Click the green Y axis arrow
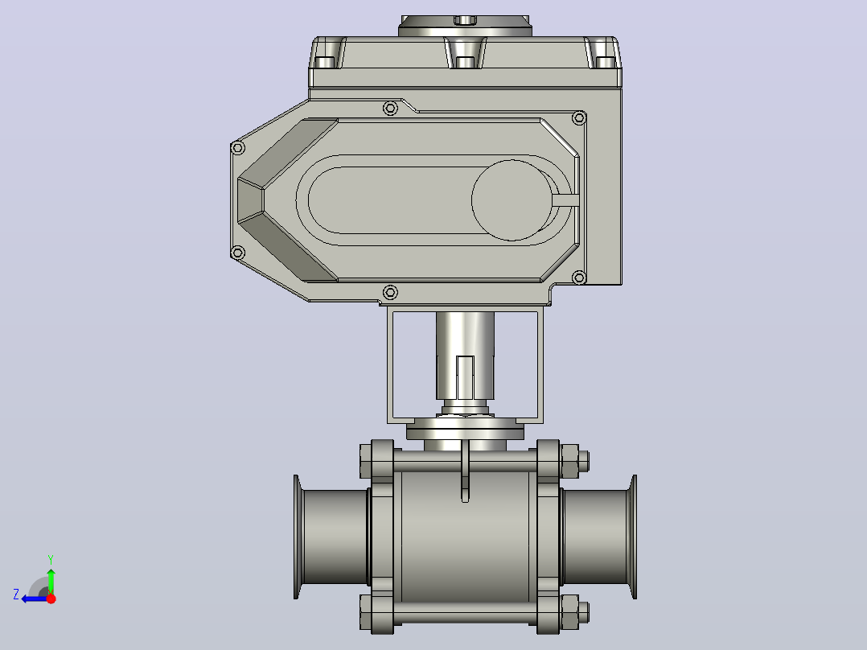(x=51, y=581)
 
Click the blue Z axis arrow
(x=35, y=599)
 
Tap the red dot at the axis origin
(x=51, y=599)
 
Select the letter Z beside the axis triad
(x=16, y=594)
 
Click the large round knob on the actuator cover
(x=512, y=200)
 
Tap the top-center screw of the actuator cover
(x=390, y=108)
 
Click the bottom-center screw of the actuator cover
(x=390, y=292)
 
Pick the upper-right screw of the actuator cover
(x=579, y=117)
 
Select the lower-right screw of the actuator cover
(x=579, y=278)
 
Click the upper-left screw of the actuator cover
(x=238, y=148)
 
